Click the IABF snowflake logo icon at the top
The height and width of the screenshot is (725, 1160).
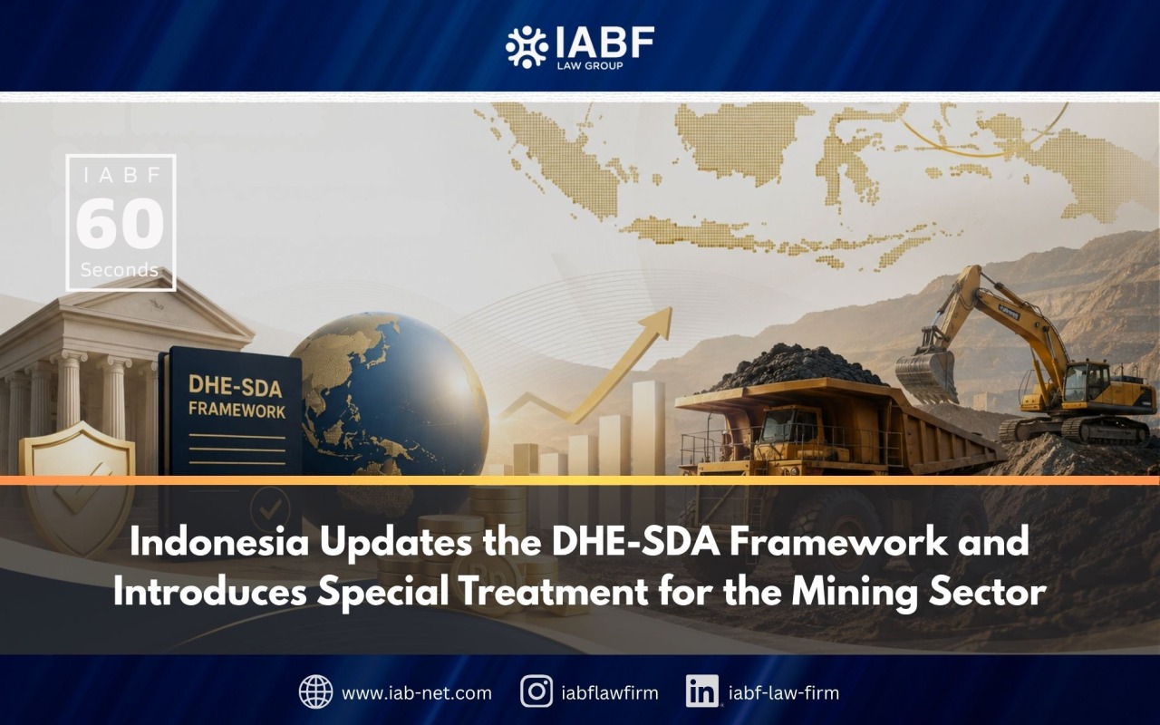[x=527, y=47]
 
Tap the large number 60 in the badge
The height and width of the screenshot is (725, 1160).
[x=121, y=223]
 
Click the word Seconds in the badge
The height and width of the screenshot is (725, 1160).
[x=120, y=270]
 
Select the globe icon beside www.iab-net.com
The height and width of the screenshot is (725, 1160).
[x=316, y=691]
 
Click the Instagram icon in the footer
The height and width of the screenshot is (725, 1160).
[x=536, y=691]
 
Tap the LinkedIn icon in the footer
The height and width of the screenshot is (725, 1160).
[x=701, y=691]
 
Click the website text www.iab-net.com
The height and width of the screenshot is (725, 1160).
[x=416, y=693]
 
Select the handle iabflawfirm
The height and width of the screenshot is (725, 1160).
[x=610, y=693]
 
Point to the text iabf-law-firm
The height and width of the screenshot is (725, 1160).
[x=784, y=693]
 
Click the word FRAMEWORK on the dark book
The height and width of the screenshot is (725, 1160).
[x=237, y=411]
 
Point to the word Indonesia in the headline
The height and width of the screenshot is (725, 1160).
[x=219, y=542]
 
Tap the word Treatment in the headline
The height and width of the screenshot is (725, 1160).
[x=553, y=592]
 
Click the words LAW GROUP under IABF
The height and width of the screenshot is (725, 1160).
[x=590, y=66]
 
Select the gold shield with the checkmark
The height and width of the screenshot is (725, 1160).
[x=77, y=481]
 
